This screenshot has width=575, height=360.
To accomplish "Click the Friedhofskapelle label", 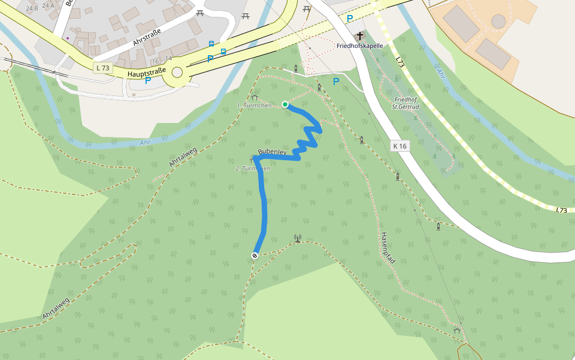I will [359, 46].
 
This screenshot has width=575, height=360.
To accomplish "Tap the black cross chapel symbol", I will [360, 36].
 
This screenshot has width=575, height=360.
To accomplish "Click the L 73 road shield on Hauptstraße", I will [102, 68].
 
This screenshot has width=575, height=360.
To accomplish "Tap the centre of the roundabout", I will [177, 73].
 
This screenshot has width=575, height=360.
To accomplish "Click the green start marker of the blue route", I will [285, 104].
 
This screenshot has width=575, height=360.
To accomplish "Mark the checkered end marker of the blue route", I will [255, 256].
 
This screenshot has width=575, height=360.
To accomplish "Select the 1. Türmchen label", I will [254, 106].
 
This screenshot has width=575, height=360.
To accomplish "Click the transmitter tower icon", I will [297, 238].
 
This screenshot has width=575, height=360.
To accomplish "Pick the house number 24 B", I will [32, 8].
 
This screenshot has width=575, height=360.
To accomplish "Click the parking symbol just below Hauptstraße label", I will [147, 80].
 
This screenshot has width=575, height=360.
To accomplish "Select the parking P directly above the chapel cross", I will [349, 19].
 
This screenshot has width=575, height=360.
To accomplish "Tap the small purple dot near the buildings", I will [68, 38].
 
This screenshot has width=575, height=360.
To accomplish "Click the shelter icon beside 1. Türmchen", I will [255, 97].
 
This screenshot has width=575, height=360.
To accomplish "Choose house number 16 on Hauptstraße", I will [155, 61].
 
